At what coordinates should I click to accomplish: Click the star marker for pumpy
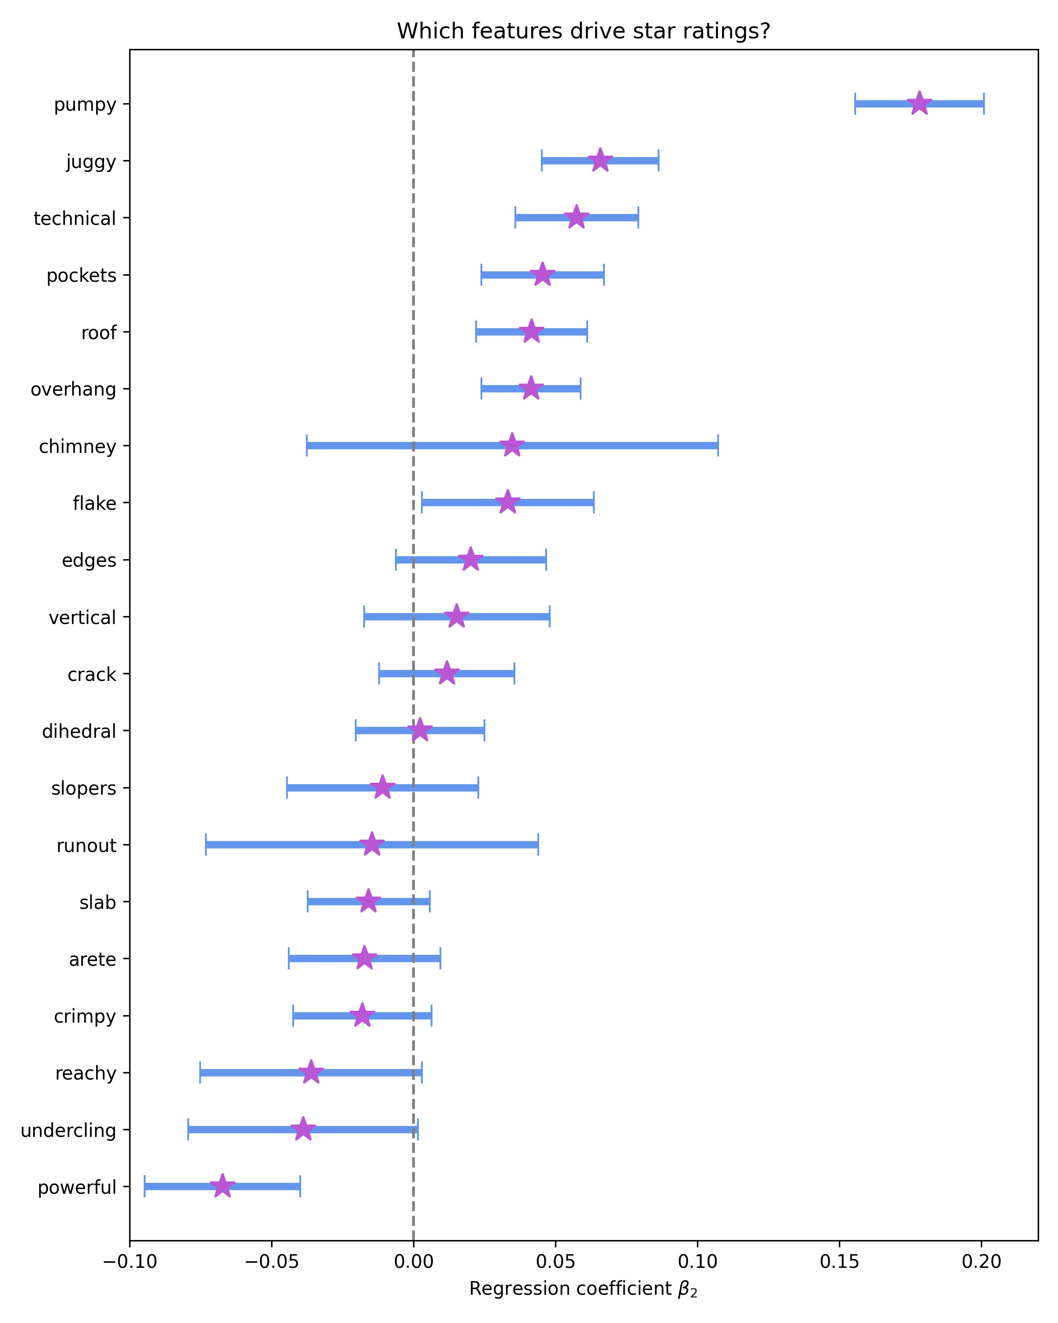tap(919, 103)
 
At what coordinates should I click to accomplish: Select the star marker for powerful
tap(223, 1186)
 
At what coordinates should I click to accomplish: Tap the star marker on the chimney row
tap(512, 445)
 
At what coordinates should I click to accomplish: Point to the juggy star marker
tap(600, 161)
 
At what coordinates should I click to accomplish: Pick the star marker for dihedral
tap(420, 730)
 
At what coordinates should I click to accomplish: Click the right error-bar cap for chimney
tap(718, 445)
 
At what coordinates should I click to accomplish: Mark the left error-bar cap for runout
tap(206, 845)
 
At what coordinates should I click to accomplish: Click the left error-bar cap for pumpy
tap(855, 103)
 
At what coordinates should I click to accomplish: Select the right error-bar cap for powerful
tap(300, 1186)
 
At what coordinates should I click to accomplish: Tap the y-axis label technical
tap(75, 218)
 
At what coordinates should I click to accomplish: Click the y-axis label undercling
tap(68, 1130)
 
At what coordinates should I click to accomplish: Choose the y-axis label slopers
tap(83, 788)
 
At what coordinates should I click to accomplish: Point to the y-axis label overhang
tap(73, 389)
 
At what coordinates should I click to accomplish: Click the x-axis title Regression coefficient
tap(583, 1289)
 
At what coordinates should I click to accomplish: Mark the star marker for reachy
tap(312, 1073)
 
